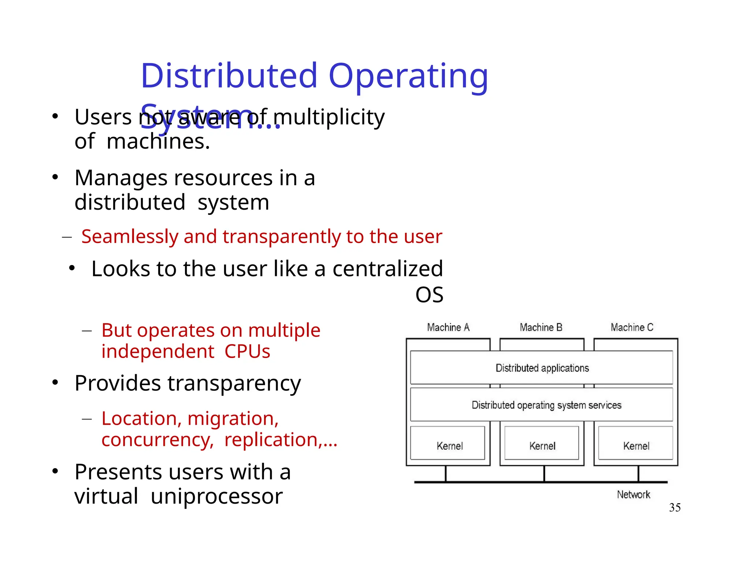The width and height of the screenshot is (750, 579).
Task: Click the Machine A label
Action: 448,327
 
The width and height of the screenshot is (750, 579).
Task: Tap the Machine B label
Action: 541,327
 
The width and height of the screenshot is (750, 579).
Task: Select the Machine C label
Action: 632,327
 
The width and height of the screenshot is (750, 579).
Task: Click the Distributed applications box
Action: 542,368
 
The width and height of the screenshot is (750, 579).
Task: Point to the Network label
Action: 633,495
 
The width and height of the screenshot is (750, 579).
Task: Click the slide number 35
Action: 675,508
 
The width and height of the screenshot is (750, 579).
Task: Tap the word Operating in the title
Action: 408,77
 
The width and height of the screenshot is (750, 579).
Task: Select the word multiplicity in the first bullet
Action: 329,118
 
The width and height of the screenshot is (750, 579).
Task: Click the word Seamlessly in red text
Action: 130,236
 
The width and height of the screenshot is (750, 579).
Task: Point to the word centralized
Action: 387,269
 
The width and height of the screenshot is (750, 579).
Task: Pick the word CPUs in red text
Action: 247,351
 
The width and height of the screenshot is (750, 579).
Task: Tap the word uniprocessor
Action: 216,497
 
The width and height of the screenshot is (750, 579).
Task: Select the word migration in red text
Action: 233,419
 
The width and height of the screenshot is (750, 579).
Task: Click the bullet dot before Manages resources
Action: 55,178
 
